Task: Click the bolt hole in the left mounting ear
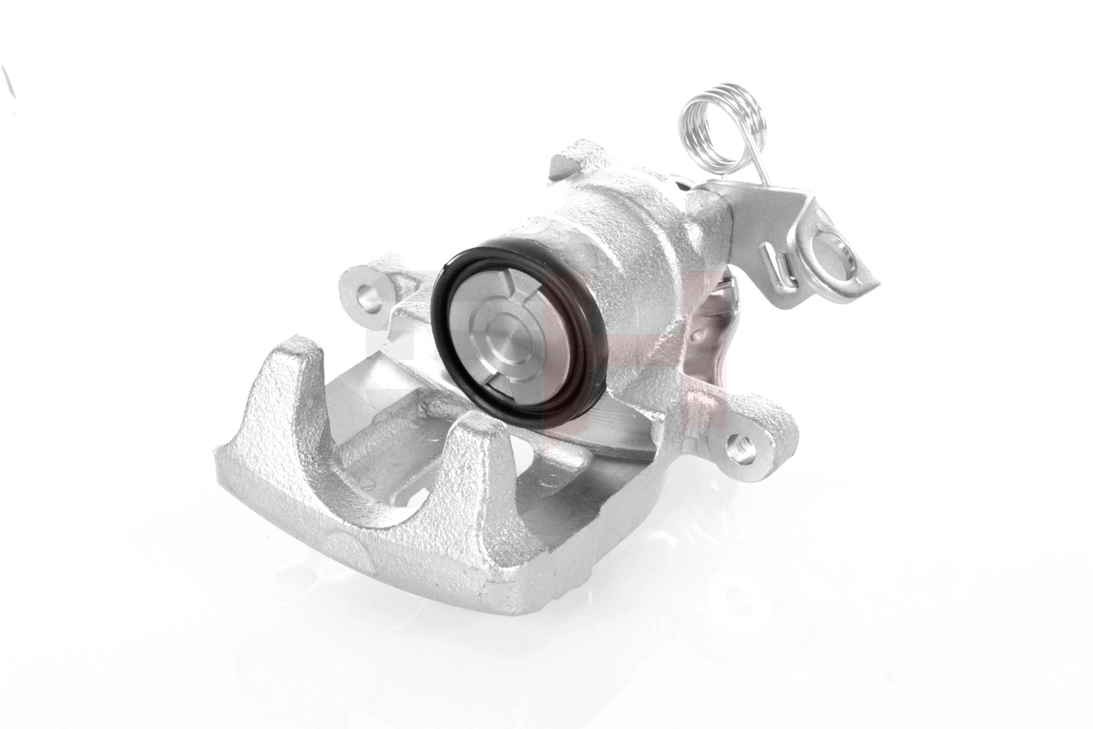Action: coord(368,293)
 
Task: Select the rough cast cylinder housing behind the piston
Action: coord(628,237)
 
